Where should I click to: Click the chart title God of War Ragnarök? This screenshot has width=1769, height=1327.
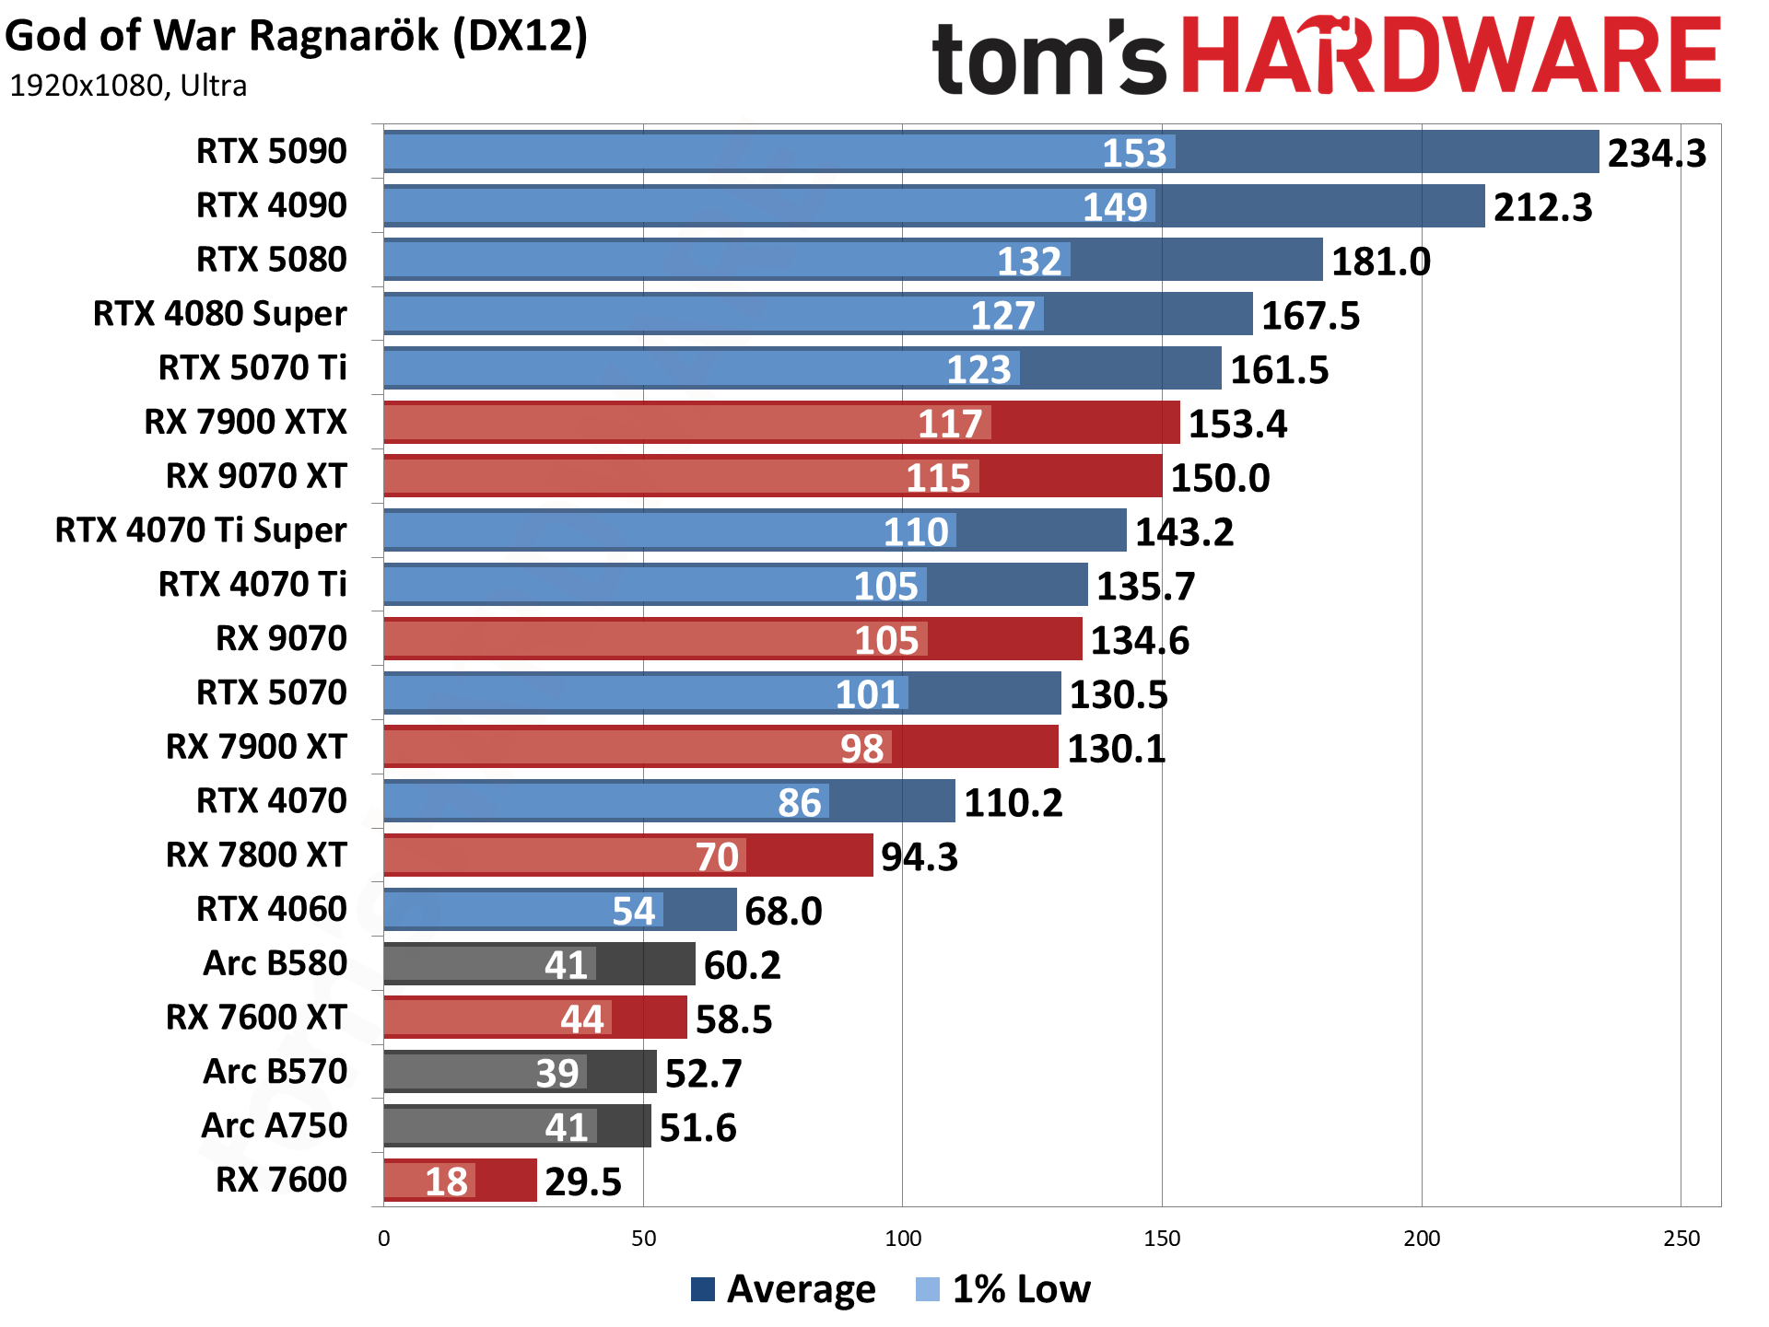click(296, 37)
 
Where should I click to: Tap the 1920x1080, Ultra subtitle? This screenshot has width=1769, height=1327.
click(128, 86)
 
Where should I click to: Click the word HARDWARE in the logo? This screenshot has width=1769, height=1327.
click(1451, 56)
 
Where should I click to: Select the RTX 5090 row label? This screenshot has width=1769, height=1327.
click(272, 151)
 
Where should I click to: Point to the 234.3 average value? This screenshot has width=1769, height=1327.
click(1657, 153)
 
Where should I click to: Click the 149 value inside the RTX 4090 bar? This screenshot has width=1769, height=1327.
click(1115, 207)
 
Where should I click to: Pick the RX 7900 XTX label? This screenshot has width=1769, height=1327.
click(245, 422)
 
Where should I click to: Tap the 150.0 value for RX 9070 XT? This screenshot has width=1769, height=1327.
click(1220, 478)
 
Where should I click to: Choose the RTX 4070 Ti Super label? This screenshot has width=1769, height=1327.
click(201, 530)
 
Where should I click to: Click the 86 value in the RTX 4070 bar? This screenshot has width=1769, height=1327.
click(799, 803)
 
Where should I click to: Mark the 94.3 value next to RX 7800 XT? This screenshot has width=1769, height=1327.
click(920, 857)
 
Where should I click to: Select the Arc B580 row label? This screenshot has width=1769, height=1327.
click(275, 963)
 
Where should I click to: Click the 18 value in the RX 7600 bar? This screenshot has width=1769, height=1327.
click(446, 1181)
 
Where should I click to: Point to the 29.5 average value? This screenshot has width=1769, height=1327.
click(583, 1181)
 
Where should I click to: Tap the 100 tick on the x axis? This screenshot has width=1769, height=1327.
click(902, 1239)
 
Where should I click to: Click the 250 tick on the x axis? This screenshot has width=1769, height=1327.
click(1681, 1239)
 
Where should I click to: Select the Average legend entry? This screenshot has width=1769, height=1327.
click(783, 1289)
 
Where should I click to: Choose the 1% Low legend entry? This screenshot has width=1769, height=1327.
click(1004, 1289)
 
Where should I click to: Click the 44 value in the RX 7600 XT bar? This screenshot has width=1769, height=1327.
click(582, 1019)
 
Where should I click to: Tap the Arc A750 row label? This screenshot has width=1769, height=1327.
click(274, 1126)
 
